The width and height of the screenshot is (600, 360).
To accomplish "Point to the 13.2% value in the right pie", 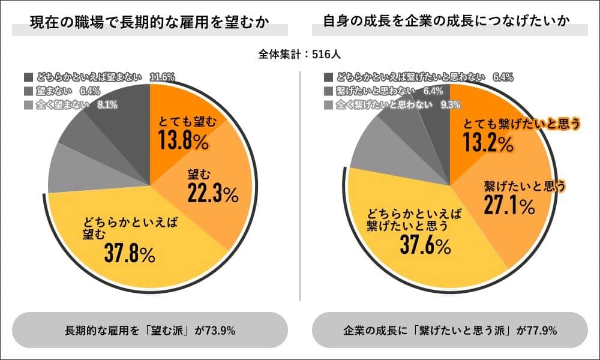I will [488, 143].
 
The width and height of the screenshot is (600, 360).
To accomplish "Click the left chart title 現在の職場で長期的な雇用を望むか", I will [149, 23].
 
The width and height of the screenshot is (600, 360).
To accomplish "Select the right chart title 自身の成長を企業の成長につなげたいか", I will [446, 23].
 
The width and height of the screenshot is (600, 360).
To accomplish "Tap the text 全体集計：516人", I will [300, 54].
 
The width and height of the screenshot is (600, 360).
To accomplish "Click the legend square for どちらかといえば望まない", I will [28, 77].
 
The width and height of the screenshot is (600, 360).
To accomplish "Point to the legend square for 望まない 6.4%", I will [28, 91].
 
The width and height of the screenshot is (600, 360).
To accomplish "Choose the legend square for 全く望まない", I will [28, 105].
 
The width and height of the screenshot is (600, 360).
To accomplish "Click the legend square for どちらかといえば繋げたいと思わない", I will [328, 77].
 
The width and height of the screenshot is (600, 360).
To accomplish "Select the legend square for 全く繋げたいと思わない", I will [328, 105].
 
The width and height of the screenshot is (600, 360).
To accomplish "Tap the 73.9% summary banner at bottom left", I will [150, 330].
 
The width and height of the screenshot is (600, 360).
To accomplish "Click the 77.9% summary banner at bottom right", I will [450, 330].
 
